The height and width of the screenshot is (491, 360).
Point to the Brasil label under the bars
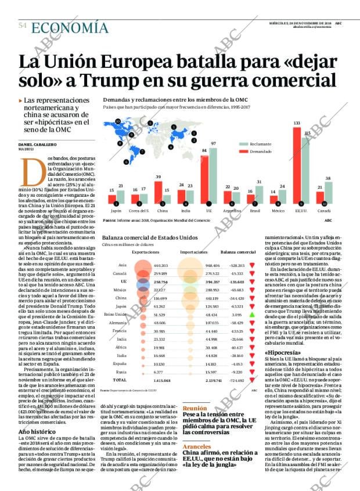[254, 212]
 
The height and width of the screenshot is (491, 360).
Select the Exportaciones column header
[146, 252]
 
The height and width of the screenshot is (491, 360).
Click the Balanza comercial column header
[239, 252]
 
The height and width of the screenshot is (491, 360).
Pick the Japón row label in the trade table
[121, 306]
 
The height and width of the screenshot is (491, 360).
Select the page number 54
[23, 26]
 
